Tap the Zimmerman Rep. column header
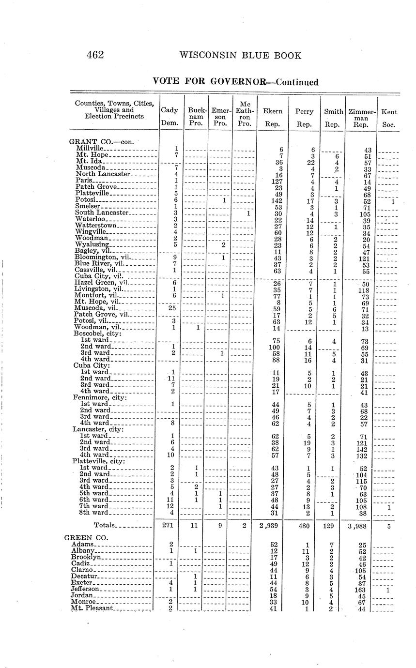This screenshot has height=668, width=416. [359, 118]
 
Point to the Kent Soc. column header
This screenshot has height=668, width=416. [389, 118]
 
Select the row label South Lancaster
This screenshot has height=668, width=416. [102, 213]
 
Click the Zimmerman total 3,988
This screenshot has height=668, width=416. [359, 525]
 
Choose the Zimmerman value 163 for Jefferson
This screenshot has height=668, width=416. [360, 589]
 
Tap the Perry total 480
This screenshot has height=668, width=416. [303, 525]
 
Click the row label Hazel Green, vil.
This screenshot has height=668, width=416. [100, 282]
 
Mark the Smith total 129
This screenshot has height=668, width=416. [332, 525]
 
